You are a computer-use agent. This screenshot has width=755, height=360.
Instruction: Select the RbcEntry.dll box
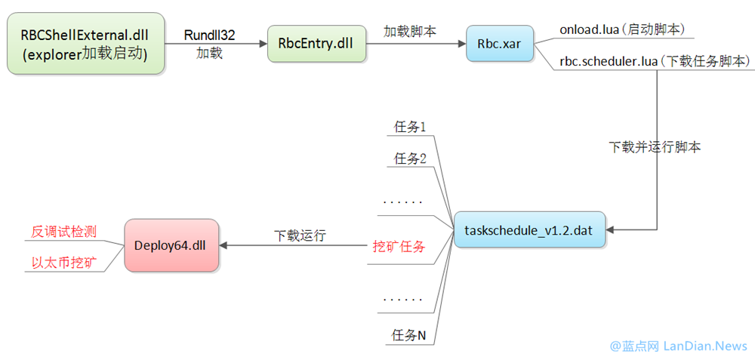(316, 44)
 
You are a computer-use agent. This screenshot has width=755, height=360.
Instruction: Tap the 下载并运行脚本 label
(655, 147)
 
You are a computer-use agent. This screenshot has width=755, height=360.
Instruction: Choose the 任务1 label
(410, 126)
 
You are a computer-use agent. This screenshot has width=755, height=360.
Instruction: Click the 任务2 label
(410, 158)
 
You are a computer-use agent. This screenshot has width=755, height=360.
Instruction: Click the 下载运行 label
(300, 235)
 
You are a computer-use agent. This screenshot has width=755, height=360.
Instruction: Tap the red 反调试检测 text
(64, 231)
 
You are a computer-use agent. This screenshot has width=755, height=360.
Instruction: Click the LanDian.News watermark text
(705, 346)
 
